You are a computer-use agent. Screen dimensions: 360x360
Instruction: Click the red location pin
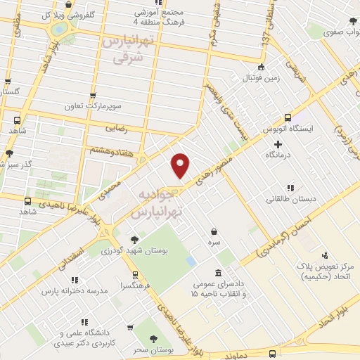[181, 165]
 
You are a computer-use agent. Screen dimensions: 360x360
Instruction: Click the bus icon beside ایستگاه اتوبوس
[287, 118]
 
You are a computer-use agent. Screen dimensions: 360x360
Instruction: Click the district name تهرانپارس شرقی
[132, 49]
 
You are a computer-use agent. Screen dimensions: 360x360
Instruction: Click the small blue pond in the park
[191, 262]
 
